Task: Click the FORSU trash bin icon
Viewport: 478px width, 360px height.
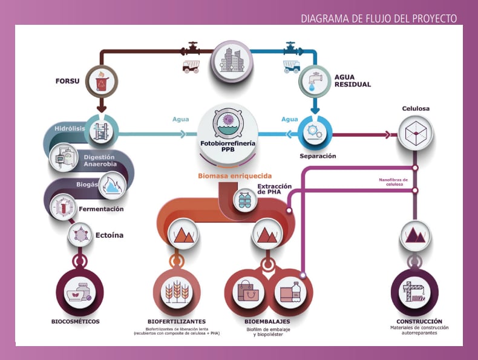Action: [x=100, y=80]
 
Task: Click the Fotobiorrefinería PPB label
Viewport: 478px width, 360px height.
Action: [x=228, y=146]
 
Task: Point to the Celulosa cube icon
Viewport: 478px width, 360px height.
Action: [x=415, y=129]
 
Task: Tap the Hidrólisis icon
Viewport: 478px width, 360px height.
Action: [x=100, y=129]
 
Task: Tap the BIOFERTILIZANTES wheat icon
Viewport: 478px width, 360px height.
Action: [x=177, y=292]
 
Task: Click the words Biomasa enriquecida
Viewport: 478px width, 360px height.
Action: [x=235, y=176]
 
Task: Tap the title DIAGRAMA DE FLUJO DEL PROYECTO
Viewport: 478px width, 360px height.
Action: [x=379, y=19]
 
